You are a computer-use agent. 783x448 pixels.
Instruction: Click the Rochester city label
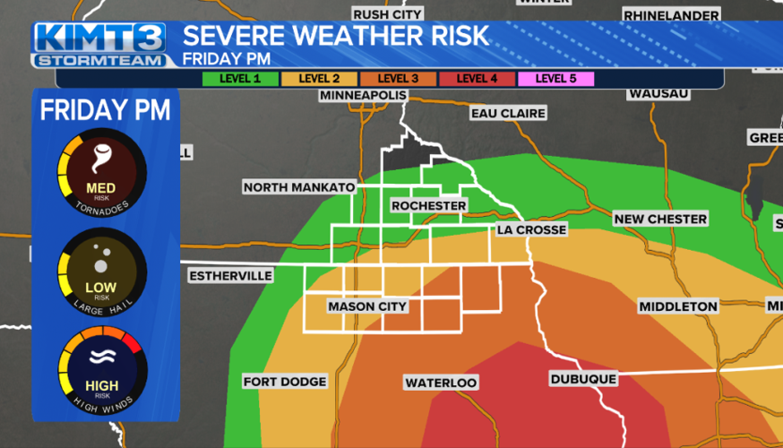429,206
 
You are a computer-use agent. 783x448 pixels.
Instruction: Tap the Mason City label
367,306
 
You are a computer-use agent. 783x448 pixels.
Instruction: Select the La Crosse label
532,230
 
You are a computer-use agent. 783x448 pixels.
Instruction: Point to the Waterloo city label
441,383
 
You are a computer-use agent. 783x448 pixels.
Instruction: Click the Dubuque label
583,379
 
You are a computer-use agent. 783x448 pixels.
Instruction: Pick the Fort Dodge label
285,382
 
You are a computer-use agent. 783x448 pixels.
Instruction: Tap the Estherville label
230,276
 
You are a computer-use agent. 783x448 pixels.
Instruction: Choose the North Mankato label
299,187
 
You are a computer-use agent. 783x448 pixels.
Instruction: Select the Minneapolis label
364,95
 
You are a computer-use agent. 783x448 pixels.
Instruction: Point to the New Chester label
660,219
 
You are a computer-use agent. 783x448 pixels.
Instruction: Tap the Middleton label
678,306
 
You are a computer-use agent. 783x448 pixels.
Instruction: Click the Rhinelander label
671,15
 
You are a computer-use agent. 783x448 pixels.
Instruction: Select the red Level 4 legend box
477,79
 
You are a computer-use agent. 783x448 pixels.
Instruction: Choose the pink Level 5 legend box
555,79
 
